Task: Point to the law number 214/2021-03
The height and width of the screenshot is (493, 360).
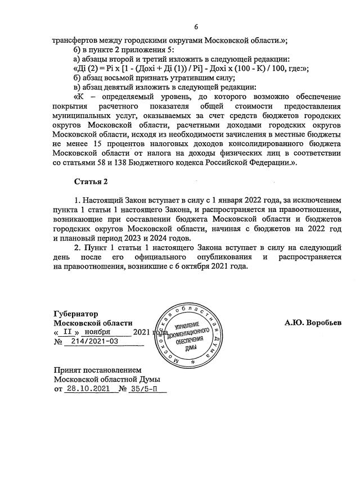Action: pos(92,341)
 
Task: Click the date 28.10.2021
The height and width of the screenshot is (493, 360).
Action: pos(85,388)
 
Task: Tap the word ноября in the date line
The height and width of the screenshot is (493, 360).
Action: pos(93,332)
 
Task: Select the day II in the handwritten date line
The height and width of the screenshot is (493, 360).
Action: pos(66,332)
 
